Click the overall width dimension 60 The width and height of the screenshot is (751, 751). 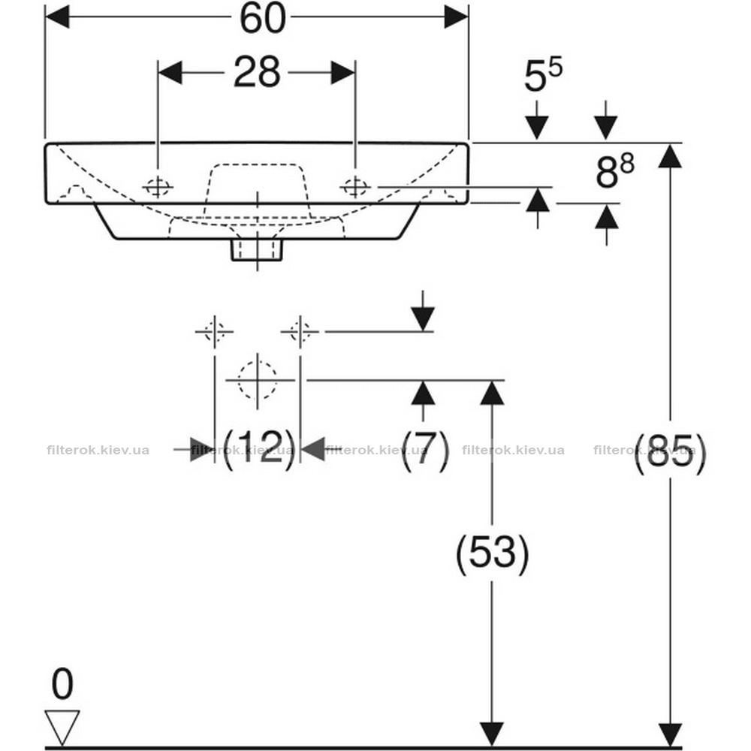[x=262, y=19]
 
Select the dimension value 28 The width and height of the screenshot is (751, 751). [x=257, y=72]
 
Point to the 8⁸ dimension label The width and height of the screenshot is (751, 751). [x=615, y=170]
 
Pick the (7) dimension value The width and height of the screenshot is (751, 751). [x=425, y=449]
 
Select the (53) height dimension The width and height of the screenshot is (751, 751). [x=493, y=553]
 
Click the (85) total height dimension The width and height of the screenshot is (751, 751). [x=670, y=453]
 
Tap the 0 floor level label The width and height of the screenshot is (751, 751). [x=62, y=684]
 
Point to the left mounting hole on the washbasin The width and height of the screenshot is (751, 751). [x=158, y=187]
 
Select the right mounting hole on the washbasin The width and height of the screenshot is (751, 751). [x=355, y=187]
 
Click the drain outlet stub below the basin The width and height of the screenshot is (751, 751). [x=257, y=250]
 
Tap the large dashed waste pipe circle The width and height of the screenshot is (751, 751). [x=258, y=380]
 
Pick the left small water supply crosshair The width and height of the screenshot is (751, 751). [x=215, y=331]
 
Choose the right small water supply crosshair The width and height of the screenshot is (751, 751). [x=300, y=331]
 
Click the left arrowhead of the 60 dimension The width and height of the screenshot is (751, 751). [x=57, y=17]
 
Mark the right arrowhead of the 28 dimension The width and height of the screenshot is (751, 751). [x=343, y=72]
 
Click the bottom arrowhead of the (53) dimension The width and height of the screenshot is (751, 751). [x=493, y=734]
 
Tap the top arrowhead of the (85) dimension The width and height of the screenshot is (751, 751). [x=670, y=156]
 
